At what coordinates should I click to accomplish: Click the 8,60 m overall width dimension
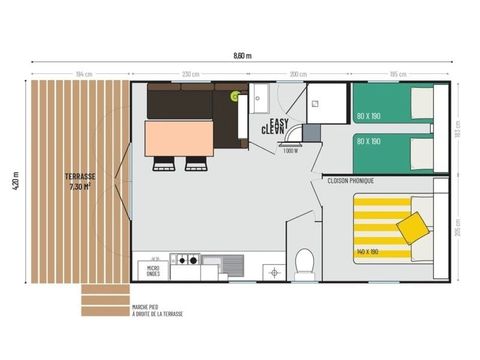tap(242, 55)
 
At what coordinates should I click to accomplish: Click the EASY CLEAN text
tap(274, 126)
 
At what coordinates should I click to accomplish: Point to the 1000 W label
tap(291, 151)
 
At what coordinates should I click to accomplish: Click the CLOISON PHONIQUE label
tap(349, 180)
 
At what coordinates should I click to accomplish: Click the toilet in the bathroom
tap(306, 263)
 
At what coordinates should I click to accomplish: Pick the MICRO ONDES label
tap(154, 270)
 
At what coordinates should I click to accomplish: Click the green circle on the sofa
tap(235, 96)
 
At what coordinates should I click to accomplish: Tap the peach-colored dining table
tap(179, 138)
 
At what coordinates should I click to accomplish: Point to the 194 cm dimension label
tap(83, 74)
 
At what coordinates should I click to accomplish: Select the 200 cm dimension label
tap(298, 74)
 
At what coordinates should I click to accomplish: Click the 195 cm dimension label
tap(398, 74)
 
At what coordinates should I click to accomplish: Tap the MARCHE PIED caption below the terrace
tap(155, 310)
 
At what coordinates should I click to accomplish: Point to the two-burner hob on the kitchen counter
tap(185, 260)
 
